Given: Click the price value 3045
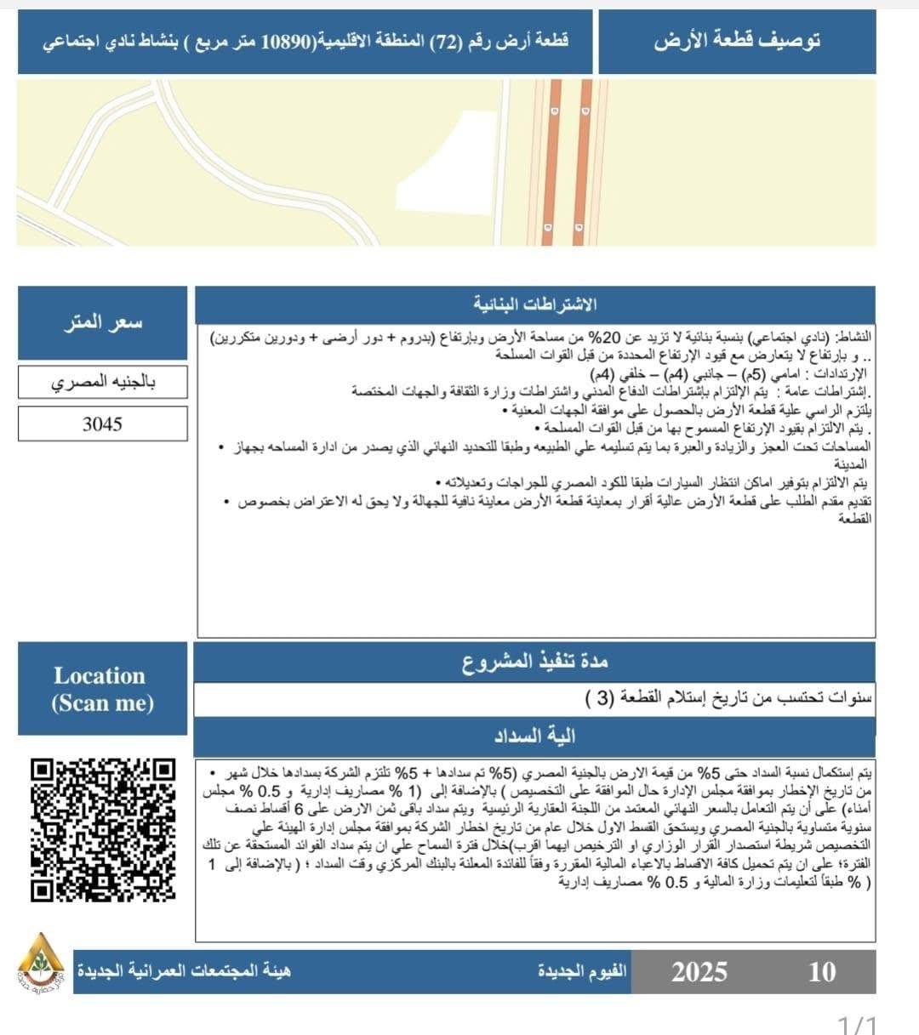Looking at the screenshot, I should point(102,424).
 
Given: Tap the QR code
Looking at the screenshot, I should point(103,829).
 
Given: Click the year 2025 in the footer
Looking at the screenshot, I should point(699,971).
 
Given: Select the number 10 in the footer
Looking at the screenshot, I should point(821,971).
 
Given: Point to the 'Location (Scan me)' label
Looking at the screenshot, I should point(102,689).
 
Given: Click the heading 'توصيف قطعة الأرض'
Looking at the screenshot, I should point(737,41).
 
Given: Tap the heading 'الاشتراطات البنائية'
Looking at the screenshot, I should point(535,304).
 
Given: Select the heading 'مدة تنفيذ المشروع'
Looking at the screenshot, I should point(535,661).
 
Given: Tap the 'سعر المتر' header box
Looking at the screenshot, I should point(102,322).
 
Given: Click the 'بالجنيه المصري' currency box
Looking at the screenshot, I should point(102,382).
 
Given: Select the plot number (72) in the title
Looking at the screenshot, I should point(442,41).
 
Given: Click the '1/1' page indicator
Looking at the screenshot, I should point(857,1024).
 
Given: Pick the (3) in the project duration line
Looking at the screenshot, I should point(598,699).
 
